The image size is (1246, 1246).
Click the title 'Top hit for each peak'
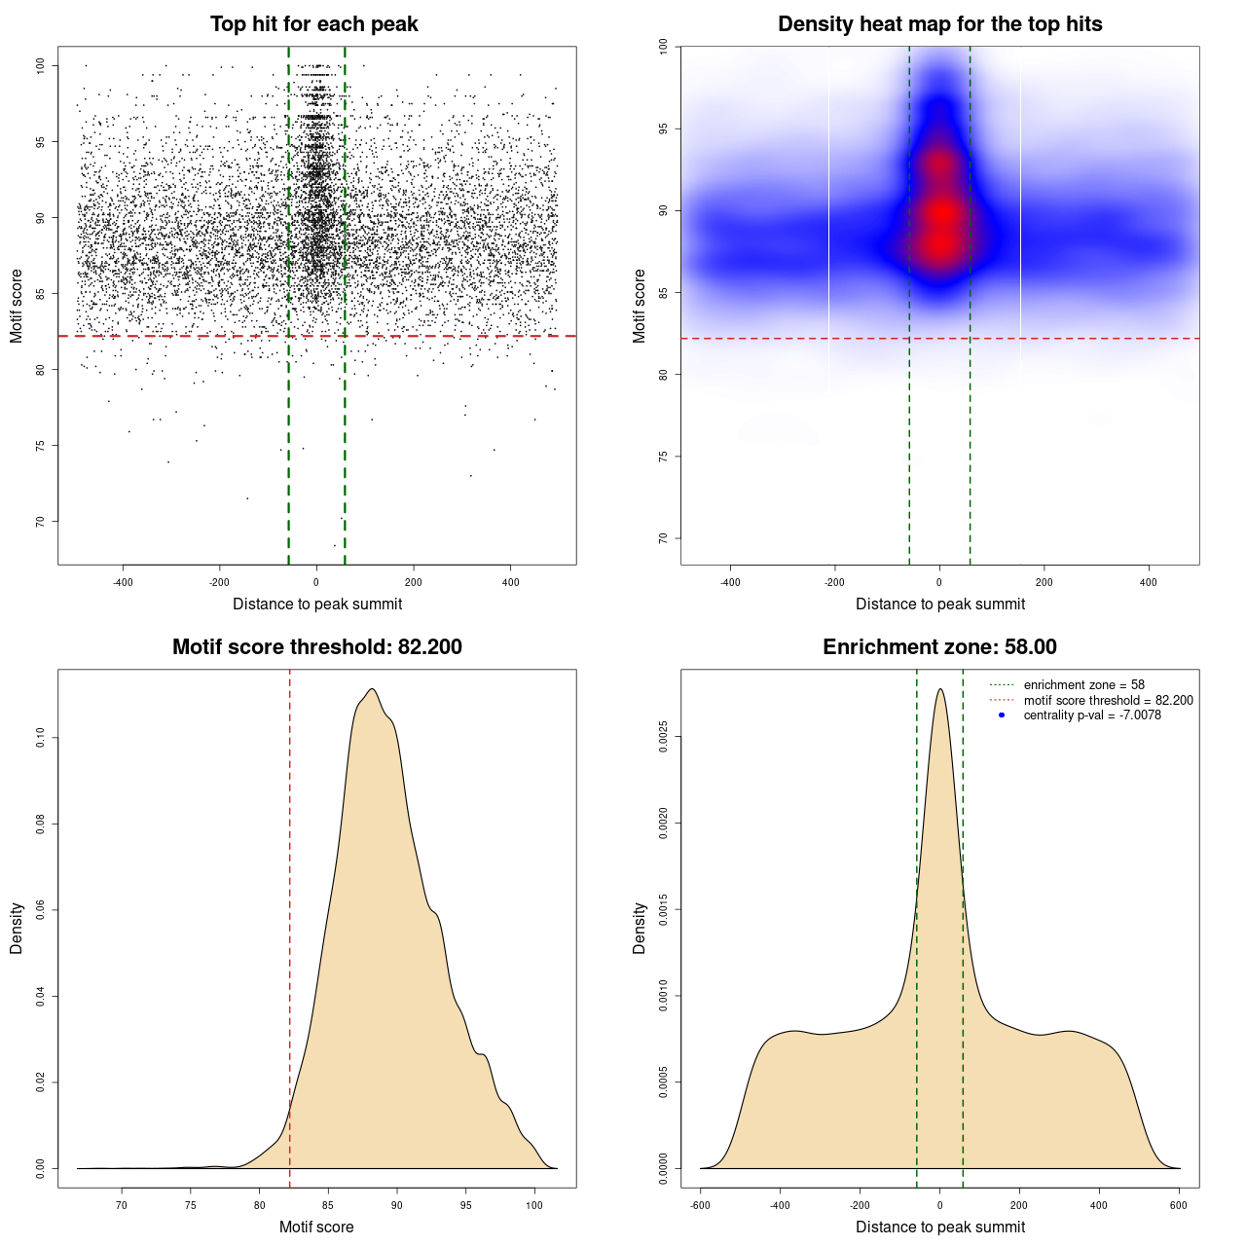click(x=314, y=24)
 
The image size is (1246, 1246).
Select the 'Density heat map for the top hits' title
click(x=939, y=24)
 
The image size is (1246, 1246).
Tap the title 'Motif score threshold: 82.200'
click(x=316, y=647)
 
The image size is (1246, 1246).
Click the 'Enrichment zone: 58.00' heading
click(x=939, y=647)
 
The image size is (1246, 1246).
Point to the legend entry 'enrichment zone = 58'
click(x=1083, y=685)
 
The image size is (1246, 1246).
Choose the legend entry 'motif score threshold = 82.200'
click(x=1108, y=701)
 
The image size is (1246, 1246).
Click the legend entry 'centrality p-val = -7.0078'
click(x=1092, y=715)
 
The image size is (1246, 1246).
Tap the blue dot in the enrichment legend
click(x=1002, y=715)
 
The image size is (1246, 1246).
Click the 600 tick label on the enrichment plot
click(x=1179, y=1205)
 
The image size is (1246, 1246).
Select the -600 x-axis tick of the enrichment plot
click(x=700, y=1205)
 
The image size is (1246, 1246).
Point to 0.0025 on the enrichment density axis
click(x=664, y=738)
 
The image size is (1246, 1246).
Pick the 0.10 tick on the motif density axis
click(x=40, y=738)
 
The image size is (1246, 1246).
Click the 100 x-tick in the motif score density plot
click(x=534, y=1205)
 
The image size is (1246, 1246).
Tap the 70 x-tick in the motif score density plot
click(x=122, y=1205)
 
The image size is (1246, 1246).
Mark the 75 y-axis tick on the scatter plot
click(x=40, y=446)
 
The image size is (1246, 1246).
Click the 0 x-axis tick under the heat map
click(x=939, y=582)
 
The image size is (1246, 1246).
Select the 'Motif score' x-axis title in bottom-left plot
click(x=316, y=1227)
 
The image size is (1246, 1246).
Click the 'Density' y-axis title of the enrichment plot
click(x=640, y=928)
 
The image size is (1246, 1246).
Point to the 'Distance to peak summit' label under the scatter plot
click(x=317, y=604)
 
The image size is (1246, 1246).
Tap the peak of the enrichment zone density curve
click(x=939, y=689)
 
